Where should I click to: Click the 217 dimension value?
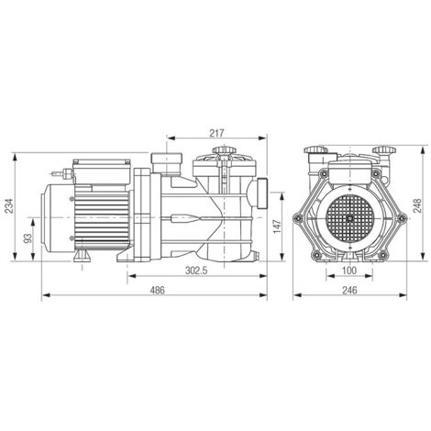point(216,133)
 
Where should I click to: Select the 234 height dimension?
point(10,206)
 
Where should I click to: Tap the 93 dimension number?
point(28,238)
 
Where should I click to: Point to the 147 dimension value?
point(277,227)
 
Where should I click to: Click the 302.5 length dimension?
point(196,271)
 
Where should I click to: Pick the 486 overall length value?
point(157,290)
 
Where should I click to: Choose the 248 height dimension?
point(417,205)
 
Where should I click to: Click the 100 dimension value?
point(349,271)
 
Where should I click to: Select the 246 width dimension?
point(349,290)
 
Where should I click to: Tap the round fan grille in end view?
point(350,218)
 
